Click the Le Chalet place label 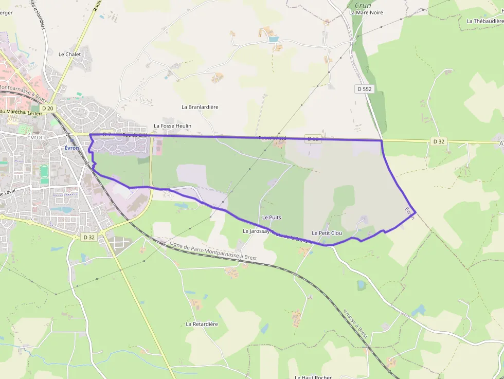click(69, 54)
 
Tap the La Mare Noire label click(366, 12)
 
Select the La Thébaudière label click(485, 21)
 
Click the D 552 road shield click(364, 89)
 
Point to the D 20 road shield click(48, 109)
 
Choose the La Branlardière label click(200, 107)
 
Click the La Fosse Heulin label click(172, 126)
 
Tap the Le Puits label click(272, 218)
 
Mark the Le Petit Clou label click(327, 233)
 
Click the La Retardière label click(202, 324)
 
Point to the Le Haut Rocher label click(313, 377)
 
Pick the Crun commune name click(363, 5)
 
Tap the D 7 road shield click(106, 135)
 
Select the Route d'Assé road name click(272, 138)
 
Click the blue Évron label click(72, 148)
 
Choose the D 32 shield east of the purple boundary click(438, 141)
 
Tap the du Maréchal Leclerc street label click(20, 112)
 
